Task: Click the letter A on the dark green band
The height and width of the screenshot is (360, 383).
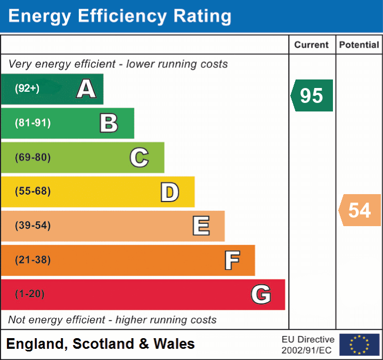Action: coord(86,89)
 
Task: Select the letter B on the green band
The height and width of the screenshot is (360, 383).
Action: coord(109,123)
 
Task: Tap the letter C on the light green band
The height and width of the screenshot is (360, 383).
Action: coord(139,157)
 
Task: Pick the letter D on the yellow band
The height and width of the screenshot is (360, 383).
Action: coord(169,192)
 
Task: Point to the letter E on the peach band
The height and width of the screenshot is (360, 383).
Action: coord(201,226)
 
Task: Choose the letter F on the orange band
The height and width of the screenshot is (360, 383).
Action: coord(232,260)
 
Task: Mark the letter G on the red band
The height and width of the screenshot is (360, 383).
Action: coord(261,294)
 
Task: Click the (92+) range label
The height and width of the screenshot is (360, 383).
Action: coord(27,89)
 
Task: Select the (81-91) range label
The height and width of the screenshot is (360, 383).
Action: coord(33,123)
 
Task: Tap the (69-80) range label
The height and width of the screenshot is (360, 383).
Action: coord(33,157)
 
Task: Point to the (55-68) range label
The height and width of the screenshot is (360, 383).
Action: coord(33,191)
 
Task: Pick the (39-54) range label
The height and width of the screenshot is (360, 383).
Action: coord(33,226)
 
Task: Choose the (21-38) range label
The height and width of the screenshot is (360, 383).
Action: coord(33,260)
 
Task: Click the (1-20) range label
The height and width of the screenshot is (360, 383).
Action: coord(30,294)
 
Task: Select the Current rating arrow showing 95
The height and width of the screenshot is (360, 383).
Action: coord(312,95)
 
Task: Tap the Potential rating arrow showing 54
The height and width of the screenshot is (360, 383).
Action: coord(360,210)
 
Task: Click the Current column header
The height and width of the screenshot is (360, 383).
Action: coord(312,45)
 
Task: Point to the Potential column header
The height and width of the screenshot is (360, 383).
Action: coord(359,45)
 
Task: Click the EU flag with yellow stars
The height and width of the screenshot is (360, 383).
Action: coord(359,345)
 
